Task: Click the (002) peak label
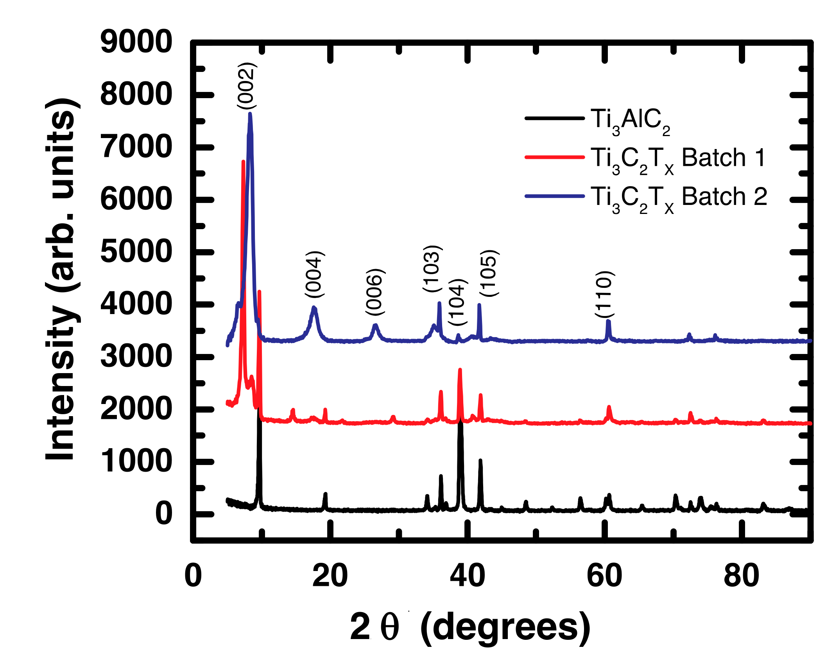247,86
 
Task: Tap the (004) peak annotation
314,274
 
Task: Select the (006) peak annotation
375,292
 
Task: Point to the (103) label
432,268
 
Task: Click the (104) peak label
457,302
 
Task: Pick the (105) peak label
489,273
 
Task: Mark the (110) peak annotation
604,294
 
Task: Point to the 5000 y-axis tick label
136,251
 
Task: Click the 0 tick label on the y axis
163,514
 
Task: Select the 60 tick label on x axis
604,576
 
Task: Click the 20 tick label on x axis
330,576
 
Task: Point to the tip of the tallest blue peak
250,114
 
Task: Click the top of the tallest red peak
243,162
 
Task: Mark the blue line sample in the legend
554,196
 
